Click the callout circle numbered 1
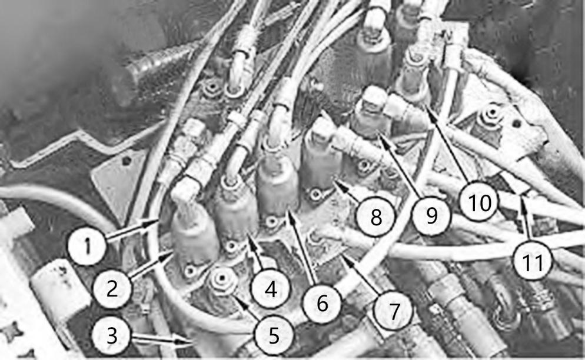click(87, 246)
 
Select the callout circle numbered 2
click(112, 288)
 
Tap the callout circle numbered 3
click(112, 335)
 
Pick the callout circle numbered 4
click(271, 288)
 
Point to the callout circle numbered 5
click(274, 335)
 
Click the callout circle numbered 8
click(375, 216)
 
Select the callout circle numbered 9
click(431, 215)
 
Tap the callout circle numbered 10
click(480, 204)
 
